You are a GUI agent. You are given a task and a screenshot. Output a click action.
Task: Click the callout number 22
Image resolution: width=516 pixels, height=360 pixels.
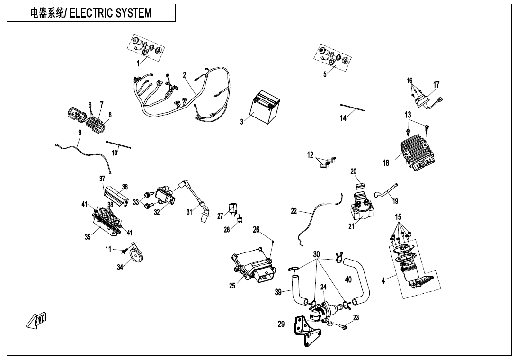[x=294, y=211]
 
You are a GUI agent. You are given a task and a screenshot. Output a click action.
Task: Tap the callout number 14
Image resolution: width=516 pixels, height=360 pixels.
[x=344, y=118]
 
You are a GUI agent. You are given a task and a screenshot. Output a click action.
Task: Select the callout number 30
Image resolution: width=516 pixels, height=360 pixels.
[x=317, y=254]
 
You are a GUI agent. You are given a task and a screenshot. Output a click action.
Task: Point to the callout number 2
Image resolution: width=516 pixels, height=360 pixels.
[x=185, y=75]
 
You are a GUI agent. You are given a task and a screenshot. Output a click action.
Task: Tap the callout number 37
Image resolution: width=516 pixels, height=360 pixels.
[x=102, y=179]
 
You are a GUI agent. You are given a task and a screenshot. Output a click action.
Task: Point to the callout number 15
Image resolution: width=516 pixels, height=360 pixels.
[x=399, y=217]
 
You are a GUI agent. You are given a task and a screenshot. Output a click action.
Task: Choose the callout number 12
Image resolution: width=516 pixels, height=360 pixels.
[x=311, y=155]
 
